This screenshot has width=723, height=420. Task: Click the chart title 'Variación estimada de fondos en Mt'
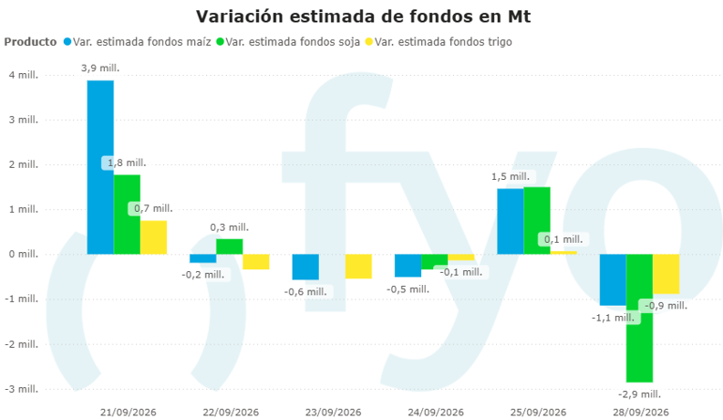[x=364, y=16]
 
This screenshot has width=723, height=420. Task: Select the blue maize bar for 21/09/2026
[x=100, y=167]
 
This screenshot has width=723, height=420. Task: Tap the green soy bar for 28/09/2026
[x=639, y=318]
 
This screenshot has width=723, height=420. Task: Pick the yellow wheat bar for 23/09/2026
[x=358, y=267]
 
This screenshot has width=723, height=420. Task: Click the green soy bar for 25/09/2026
[x=537, y=221]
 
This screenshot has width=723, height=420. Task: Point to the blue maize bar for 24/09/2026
[x=408, y=266]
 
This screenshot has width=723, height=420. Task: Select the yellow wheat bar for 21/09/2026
[x=153, y=237]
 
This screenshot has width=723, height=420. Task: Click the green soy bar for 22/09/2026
[x=230, y=247]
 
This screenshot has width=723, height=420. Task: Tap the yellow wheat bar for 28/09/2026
[x=666, y=274]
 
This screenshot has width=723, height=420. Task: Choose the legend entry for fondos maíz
[x=138, y=42]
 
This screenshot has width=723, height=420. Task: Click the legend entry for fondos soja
[x=288, y=42]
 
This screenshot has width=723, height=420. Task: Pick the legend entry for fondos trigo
[x=439, y=42]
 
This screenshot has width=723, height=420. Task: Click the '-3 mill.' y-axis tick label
[x=22, y=389]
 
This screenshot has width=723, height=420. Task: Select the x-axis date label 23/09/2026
[x=333, y=412]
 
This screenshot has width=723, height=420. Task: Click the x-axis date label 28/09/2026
[x=640, y=412]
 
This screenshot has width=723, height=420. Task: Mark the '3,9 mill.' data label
[x=100, y=68]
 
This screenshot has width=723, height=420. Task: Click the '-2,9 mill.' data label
[x=639, y=394]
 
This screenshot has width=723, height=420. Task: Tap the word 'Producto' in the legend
[x=30, y=42]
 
